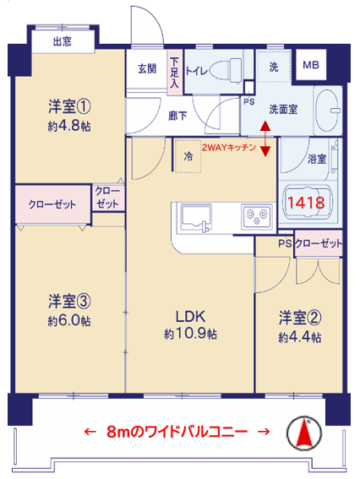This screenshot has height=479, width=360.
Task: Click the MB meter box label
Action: point(311,65)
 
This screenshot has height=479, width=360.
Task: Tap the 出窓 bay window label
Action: point(63,41)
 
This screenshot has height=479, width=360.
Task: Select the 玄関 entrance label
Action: point(147,68)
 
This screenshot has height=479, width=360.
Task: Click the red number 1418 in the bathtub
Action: point(306,203)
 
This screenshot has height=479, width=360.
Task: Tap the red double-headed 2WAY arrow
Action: point(265,139)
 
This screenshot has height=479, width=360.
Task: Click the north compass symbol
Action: point(304,433)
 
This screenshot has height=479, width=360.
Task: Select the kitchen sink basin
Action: point(197,218)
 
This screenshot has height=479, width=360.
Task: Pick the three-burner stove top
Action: point(257,216)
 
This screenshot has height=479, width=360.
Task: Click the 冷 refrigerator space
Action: point(188,156)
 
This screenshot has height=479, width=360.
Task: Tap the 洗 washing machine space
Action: point(274,66)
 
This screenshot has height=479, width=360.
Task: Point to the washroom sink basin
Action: point(328,111)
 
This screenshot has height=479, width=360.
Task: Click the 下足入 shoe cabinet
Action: point(174,73)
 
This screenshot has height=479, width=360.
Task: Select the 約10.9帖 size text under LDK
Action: point(190,334)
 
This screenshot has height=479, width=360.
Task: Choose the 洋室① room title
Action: point(69,106)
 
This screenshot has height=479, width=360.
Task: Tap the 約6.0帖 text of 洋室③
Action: point(69,321)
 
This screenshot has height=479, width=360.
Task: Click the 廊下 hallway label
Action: point(177,116)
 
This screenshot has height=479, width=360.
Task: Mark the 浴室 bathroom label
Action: point(317,159)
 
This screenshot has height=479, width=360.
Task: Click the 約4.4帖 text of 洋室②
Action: point(300,337)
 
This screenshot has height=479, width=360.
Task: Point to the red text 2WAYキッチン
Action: point(228,148)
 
